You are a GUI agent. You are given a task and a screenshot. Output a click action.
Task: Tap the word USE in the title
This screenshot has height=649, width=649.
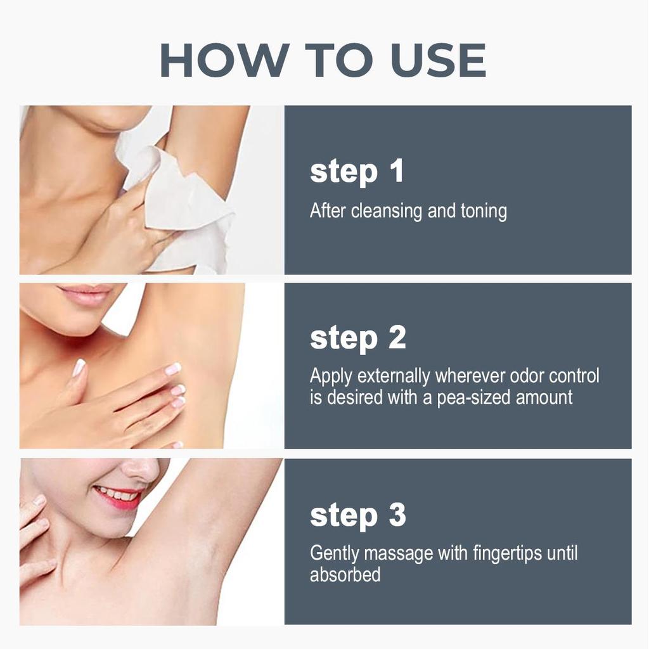click(438, 60)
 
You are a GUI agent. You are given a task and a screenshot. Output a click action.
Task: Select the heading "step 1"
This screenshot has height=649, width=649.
click(357, 171)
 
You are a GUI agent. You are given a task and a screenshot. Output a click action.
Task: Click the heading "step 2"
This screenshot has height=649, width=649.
click(358, 338)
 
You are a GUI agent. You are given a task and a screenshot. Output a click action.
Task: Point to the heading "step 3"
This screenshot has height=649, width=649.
click(358, 516)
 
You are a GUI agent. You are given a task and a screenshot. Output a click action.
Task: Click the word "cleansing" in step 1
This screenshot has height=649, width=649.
click(387, 211)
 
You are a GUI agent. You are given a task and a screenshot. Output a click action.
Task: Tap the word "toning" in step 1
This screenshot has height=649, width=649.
click(484, 212)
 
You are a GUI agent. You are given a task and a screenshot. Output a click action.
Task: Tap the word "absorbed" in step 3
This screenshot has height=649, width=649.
click(345, 574)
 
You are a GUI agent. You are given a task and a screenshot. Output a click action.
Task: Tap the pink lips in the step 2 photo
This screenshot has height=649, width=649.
click(86, 294)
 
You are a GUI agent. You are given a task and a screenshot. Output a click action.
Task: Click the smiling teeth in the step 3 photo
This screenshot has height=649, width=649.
click(116, 494)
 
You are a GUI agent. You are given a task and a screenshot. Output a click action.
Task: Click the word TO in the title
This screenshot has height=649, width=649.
click(337, 60)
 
